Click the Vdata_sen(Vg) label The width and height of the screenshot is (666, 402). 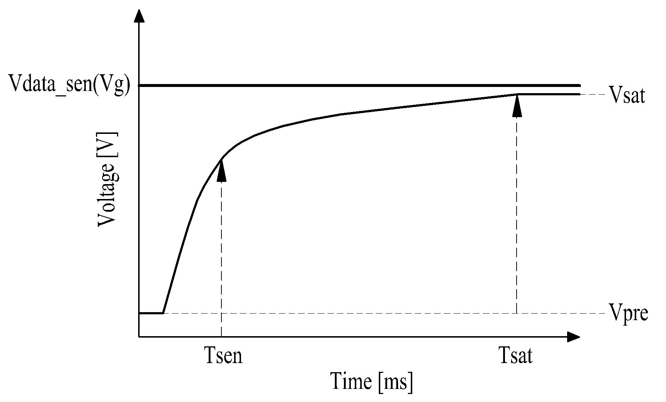pyautogui.click(x=69, y=85)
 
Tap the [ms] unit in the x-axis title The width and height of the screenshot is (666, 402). pyautogui.click(x=396, y=382)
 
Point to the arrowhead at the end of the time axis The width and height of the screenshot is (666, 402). pyautogui.click(x=573, y=337)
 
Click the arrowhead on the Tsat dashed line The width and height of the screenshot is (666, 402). pyautogui.click(x=517, y=106)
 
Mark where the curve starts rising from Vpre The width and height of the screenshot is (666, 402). pyautogui.click(x=163, y=313)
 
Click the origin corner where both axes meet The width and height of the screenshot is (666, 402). pyautogui.click(x=139, y=337)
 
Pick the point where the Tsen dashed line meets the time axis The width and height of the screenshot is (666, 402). pyautogui.click(x=221, y=337)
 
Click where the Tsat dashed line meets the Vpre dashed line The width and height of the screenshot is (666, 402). pyautogui.click(x=517, y=313)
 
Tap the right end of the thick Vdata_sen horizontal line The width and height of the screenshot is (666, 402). pyautogui.click(x=579, y=85)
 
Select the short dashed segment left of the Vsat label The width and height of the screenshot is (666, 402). pyautogui.click(x=593, y=95)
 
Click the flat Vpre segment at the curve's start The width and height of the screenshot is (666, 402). pyautogui.click(x=151, y=313)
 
